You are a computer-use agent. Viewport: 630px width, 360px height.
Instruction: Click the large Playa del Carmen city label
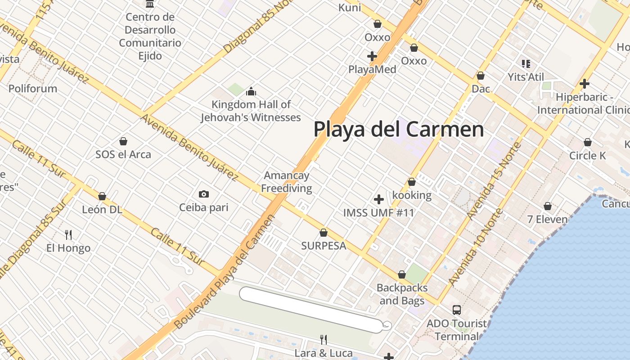click(399, 129)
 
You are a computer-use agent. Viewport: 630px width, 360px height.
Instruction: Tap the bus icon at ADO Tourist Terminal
click(457, 310)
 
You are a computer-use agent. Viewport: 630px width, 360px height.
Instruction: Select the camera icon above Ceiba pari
click(204, 194)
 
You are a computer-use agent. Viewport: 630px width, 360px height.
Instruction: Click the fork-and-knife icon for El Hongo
click(68, 234)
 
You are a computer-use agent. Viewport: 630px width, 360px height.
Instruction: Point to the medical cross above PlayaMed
click(372, 56)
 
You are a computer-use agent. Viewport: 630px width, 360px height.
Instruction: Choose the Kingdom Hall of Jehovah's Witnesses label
click(251, 111)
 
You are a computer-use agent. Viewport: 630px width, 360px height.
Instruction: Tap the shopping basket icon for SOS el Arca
click(123, 141)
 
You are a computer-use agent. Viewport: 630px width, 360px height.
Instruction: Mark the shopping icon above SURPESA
click(323, 233)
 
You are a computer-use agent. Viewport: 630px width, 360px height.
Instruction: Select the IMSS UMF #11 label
click(378, 212)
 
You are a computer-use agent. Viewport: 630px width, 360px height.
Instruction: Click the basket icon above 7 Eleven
click(548, 206)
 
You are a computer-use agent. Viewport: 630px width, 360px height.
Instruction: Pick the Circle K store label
click(588, 156)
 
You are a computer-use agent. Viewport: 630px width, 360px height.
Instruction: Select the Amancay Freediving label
click(287, 182)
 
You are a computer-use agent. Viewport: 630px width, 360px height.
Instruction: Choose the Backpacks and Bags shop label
click(402, 294)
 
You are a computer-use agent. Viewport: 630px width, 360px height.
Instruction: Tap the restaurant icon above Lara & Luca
click(323, 339)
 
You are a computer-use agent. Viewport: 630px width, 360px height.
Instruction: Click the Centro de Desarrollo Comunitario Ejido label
click(150, 36)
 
